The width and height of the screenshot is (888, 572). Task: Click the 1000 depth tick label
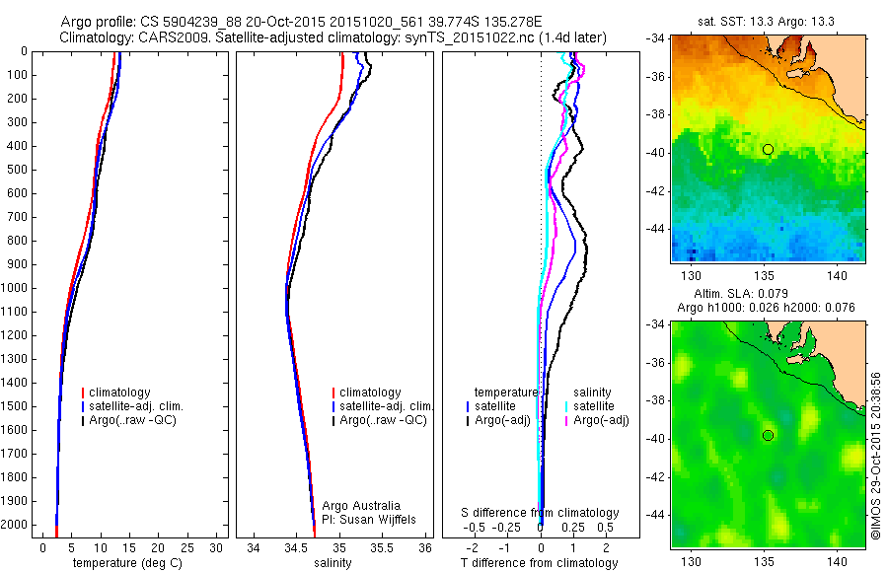14,288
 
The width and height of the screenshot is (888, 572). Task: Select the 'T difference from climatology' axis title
540,563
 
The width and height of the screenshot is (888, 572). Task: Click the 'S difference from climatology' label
541,513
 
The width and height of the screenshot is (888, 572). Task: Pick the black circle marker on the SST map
768,149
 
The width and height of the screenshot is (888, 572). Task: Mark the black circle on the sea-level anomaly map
768,435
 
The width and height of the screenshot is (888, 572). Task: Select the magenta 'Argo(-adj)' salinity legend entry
597,421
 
